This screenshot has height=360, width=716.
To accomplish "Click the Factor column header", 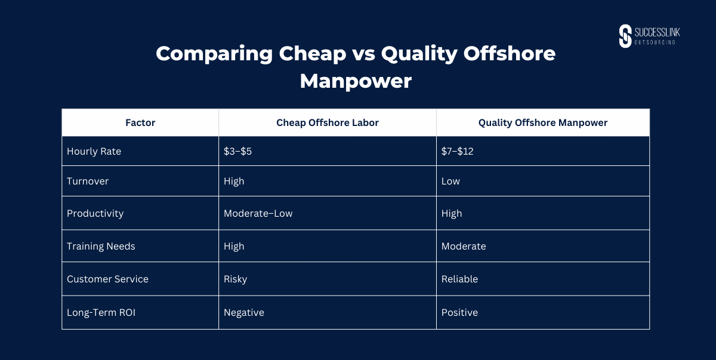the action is coord(140,123).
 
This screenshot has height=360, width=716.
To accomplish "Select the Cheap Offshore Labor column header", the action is coord(328,123).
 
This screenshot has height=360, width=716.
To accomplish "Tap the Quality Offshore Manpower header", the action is coord(543,123).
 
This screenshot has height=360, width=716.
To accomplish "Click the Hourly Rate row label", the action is coord(94,152).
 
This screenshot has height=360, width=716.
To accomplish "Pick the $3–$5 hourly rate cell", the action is coord(237,151).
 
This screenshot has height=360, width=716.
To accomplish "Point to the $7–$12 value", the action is coord(457,151).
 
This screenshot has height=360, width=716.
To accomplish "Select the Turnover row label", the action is coord(88,181).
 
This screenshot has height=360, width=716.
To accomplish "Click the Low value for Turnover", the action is coord(450,181).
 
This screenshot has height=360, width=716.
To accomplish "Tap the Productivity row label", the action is coord(95,214).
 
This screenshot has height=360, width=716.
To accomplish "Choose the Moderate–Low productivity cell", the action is coord(258,214).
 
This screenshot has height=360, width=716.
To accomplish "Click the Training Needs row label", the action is coord(101,247).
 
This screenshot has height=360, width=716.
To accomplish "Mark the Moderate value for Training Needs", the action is coord(464,246).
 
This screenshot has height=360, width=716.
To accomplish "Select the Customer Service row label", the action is coord(107,279).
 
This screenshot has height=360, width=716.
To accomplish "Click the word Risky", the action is coord(235,279).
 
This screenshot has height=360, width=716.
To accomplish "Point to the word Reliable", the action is coord(459,279).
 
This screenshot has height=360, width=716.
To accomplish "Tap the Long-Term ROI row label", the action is coord(101,313).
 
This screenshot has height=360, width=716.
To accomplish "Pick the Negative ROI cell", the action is coord(244,313).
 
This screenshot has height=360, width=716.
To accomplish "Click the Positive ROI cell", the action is coord(459,312).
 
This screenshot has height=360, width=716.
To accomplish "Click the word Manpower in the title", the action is coord(356,81).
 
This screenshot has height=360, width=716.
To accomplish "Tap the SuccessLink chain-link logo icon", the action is coord(625,36).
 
